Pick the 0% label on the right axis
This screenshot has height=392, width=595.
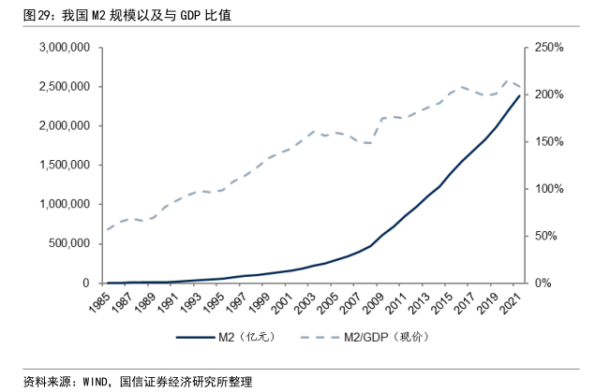tap(552, 283)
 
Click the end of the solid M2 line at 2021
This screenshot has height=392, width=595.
tap(519, 95)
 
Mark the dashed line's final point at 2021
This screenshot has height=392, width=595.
tap(519, 86)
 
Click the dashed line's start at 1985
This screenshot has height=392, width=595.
tap(106, 229)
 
